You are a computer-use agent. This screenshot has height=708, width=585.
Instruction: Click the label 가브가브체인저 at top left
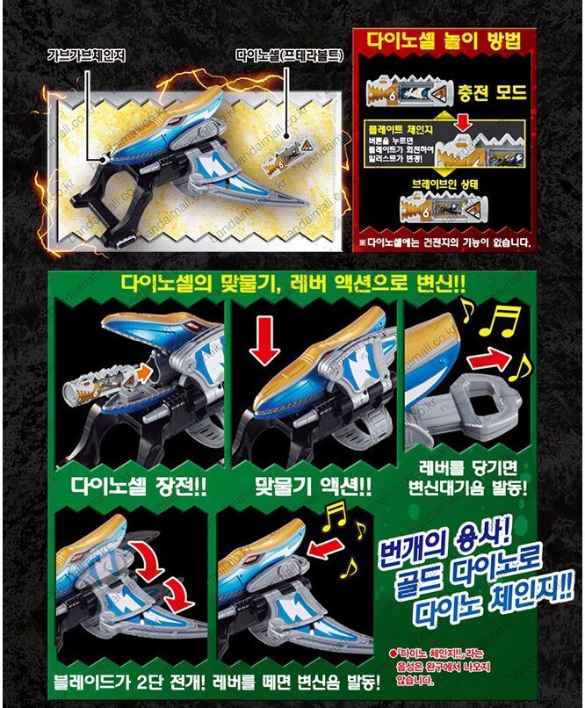[87, 54]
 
